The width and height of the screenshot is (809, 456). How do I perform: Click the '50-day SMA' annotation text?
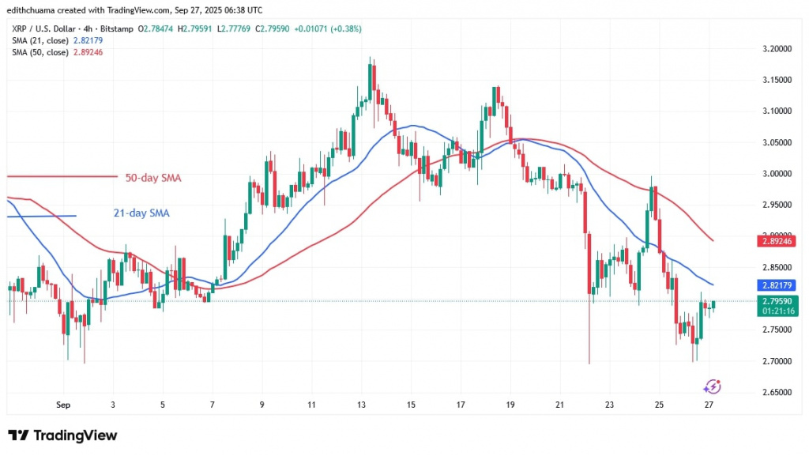tap(152, 179)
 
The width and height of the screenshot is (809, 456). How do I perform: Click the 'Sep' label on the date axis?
tap(63, 405)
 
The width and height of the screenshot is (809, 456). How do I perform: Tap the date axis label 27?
tap(709, 405)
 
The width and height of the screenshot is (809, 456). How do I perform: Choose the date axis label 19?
tap(511, 405)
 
